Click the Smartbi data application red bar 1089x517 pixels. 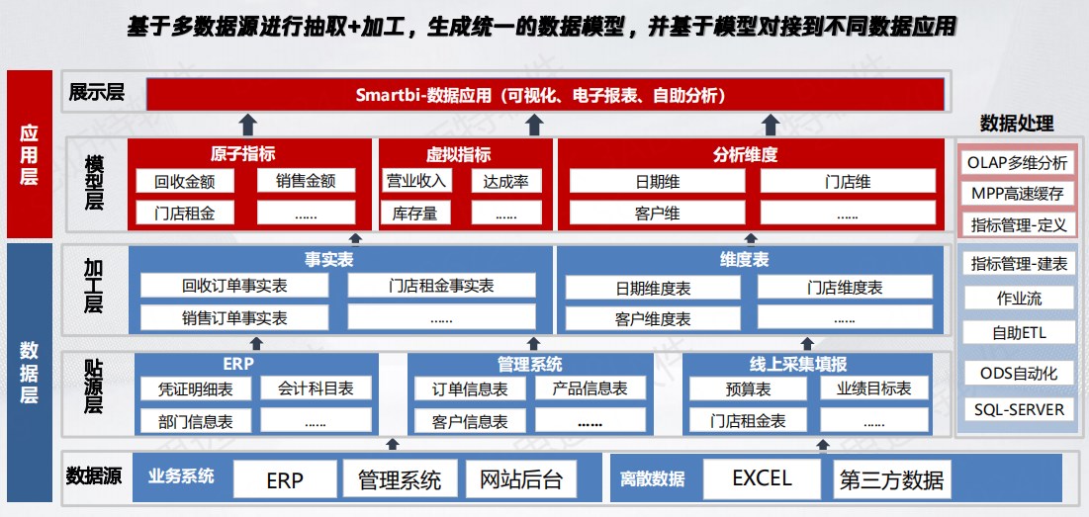click(x=545, y=94)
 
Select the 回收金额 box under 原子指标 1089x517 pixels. click(x=185, y=181)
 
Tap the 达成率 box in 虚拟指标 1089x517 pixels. click(x=506, y=181)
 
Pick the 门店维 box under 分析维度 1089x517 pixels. click(x=848, y=181)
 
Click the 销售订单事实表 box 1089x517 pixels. click(x=234, y=318)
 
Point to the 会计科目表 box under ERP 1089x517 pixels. click(x=316, y=388)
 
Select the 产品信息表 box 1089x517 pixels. click(x=590, y=388)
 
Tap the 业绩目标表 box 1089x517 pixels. click(x=874, y=388)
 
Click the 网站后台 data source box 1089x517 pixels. click(x=521, y=478)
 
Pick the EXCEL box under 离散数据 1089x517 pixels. click(x=762, y=478)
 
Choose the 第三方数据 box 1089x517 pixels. click(x=891, y=478)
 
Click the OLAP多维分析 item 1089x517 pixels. click(x=1019, y=163)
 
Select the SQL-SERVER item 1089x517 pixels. click(x=1019, y=409)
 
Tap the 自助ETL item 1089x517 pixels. click(x=1019, y=333)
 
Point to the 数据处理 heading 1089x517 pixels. click(x=1017, y=124)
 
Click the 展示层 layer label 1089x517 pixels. click(x=97, y=92)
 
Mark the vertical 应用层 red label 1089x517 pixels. click(x=29, y=154)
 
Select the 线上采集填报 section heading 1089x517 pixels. click(x=807, y=364)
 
